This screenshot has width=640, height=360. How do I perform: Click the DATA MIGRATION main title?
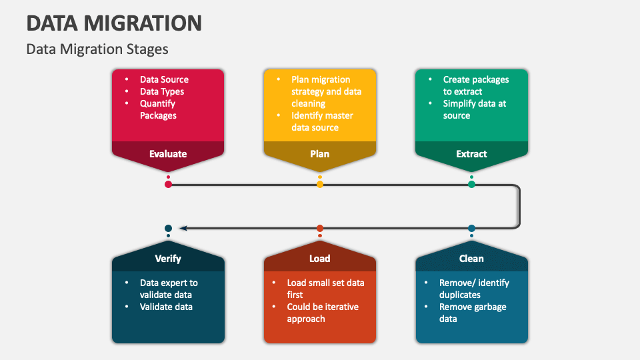pos(114,23)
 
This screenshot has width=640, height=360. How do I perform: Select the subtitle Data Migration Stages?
pos(97,49)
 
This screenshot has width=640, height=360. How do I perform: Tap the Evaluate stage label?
pos(168,154)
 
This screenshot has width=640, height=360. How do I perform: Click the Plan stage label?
pos(320,154)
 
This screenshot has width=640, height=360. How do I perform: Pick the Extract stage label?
pos(471,154)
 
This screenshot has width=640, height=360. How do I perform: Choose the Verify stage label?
pos(168,259)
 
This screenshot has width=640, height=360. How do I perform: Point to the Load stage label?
pos(320,259)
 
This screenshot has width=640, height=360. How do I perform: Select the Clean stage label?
pos(471,259)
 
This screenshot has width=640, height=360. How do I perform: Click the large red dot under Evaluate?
pos(168,184)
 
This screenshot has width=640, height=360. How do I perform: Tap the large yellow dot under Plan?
pos(320,184)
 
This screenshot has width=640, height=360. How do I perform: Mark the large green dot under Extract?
pos(471,184)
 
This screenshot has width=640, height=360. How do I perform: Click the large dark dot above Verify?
pos(168,229)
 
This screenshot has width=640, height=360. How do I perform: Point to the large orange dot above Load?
pos(320,229)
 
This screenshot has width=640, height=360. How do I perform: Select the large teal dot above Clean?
pos(471,229)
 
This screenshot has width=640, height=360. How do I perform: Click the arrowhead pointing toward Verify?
pos(183,229)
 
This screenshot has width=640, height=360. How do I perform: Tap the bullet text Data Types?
pos(162,91)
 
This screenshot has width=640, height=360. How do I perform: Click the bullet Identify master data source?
pos(322,121)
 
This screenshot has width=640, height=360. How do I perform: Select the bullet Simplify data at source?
pos(475,109)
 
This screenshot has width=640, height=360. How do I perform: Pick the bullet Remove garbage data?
pos(472,313)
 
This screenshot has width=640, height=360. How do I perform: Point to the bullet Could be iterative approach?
pos(323,313)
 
